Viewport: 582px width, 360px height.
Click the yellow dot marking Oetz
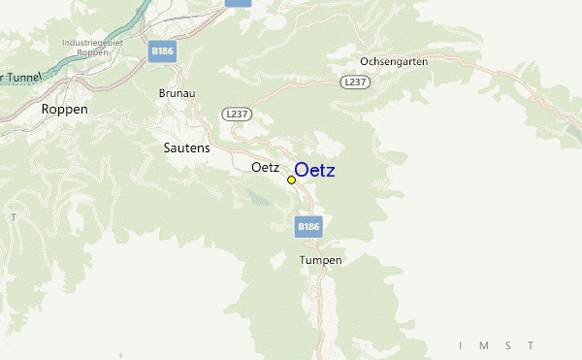point(291,180)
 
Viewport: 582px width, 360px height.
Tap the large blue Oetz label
point(315,171)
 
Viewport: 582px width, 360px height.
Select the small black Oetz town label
point(265,167)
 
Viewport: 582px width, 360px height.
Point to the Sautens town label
point(184,147)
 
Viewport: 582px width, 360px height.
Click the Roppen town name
point(64,110)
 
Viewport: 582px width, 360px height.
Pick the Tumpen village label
point(320,260)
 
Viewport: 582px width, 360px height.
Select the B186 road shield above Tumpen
point(307,226)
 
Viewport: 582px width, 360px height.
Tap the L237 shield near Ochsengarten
point(354,83)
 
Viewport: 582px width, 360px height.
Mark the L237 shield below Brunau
point(237,115)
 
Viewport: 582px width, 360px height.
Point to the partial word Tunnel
point(21,76)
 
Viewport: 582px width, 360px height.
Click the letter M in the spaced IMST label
point(485,345)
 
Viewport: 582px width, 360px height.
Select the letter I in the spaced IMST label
point(462,345)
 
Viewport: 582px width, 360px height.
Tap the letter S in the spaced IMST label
point(508,345)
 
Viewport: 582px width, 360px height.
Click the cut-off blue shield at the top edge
point(238,3)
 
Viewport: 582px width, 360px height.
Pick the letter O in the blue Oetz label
point(302,171)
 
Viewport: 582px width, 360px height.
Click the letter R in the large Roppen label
point(47,110)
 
